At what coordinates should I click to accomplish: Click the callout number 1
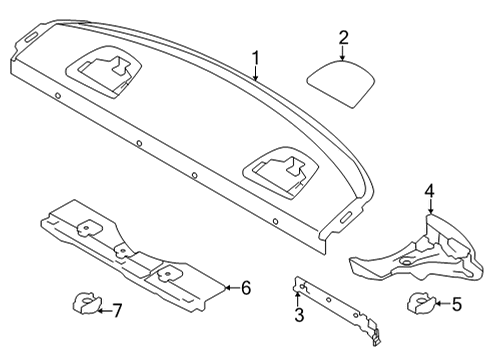pyautogui.click(x=255, y=58)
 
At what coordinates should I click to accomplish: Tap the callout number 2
pyautogui.click(x=343, y=38)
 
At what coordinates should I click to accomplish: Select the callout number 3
pyautogui.click(x=299, y=315)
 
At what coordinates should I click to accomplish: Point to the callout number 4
pyautogui.click(x=430, y=191)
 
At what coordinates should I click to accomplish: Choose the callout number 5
pyautogui.click(x=456, y=304)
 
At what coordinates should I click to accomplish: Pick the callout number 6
pyautogui.click(x=246, y=288)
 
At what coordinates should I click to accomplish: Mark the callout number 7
pyautogui.click(x=117, y=311)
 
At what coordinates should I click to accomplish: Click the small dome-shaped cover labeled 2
pyautogui.click(x=341, y=84)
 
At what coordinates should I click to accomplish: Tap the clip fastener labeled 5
pyautogui.click(x=421, y=303)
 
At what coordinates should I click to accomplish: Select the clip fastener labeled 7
pyautogui.click(x=86, y=303)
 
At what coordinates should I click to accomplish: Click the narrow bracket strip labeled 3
pyautogui.click(x=337, y=310)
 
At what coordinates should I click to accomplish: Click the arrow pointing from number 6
pyautogui.click(x=232, y=287)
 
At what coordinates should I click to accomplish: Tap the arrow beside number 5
pyautogui.click(x=442, y=303)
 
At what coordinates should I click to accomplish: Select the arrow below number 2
pyautogui.click(x=343, y=53)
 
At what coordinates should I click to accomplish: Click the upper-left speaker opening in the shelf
pyautogui.click(x=104, y=72)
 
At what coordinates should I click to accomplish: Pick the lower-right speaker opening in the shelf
pyautogui.click(x=281, y=172)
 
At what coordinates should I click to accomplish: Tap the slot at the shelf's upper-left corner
pyautogui.click(x=32, y=37)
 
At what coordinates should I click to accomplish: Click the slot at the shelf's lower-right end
pyautogui.click(x=347, y=217)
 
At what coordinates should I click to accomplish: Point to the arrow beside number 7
pyautogui.click(x=105, y=311)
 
